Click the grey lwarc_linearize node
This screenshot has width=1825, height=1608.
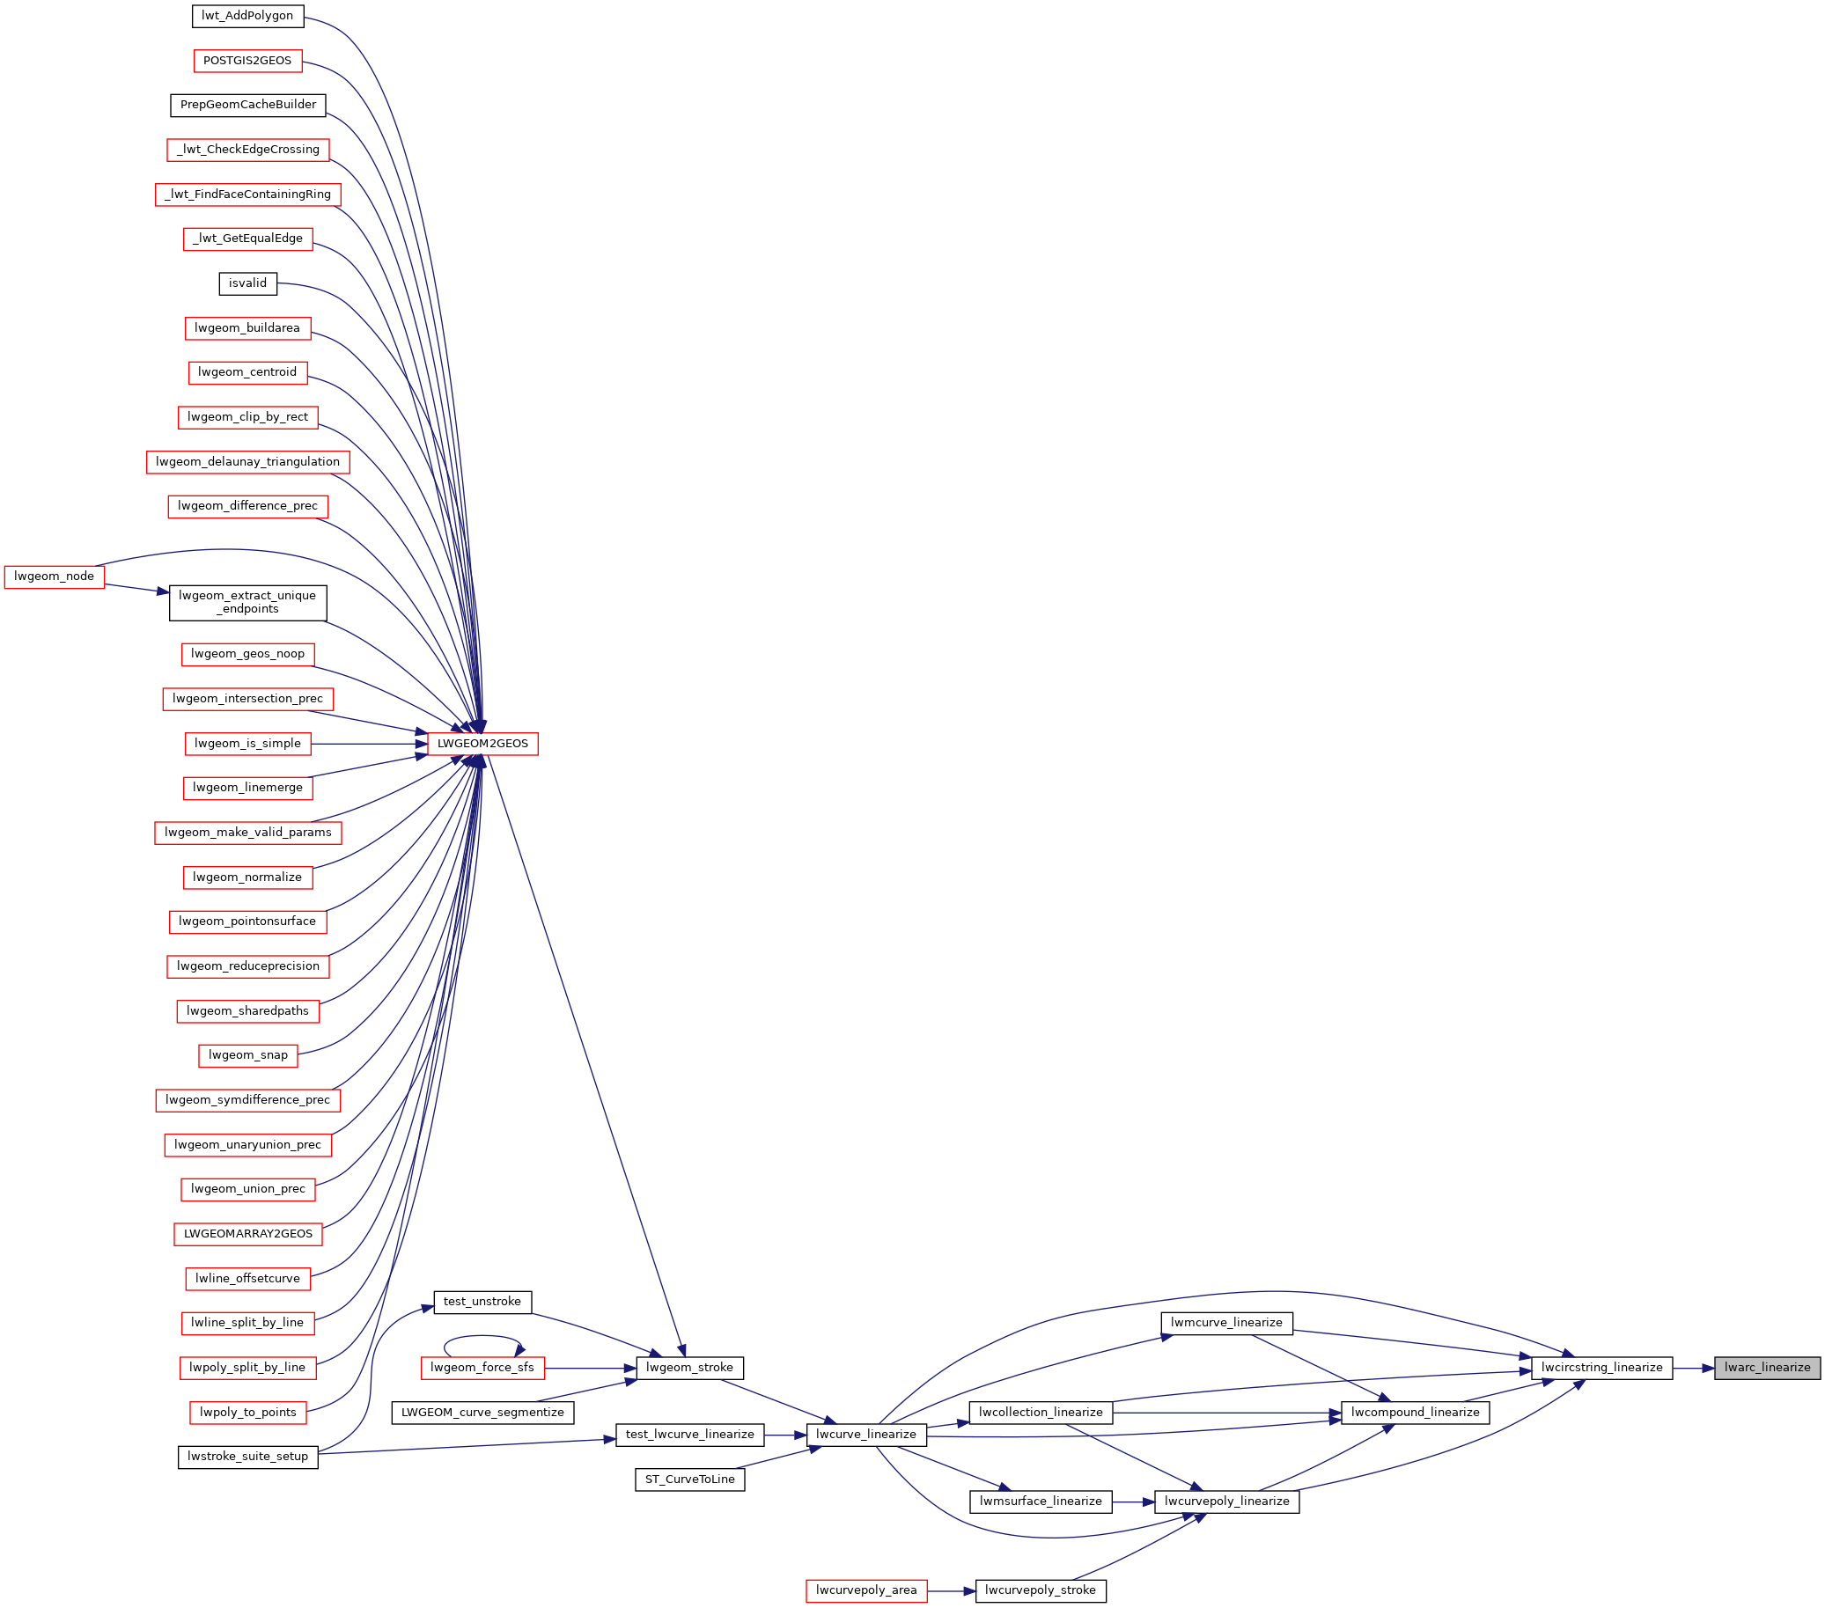tap(1767, 1367)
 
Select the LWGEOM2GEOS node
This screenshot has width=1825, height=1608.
tap(483, 743)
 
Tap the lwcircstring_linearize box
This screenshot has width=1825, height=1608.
tap(1601, 1367)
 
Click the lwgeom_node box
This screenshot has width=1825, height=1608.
tap(55, 576)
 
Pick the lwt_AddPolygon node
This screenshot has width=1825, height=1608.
tap(247, 15)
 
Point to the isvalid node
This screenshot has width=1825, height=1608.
tap(247, 283)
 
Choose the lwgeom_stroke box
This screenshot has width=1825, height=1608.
tap(689, 1367)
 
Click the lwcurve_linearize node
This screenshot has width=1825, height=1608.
tap(866, 1434)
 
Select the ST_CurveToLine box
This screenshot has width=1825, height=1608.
tap(690, 1479)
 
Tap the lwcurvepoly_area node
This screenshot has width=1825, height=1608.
tap(866, 1590)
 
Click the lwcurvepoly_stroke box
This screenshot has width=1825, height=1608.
tap(1041, 1590)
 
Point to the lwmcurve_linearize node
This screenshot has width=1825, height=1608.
tap(1226, 1322)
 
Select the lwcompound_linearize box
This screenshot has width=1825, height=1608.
tap(1415, 1412)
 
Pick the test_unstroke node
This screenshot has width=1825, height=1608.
tap(482, 1301)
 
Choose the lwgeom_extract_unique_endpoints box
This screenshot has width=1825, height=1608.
tap(247, 603)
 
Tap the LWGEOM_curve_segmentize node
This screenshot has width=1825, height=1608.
tap(483, 1412)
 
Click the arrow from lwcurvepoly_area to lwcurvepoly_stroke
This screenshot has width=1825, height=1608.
tap(951, 1590)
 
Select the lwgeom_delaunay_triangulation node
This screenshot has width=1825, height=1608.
tap(247, 461)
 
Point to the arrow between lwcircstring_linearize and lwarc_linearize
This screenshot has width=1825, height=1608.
tap(1693, 1367)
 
